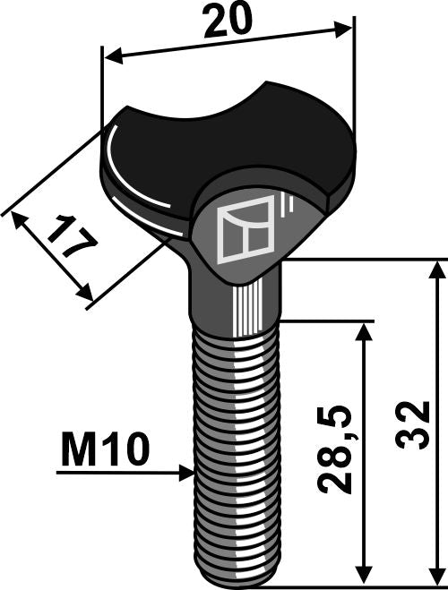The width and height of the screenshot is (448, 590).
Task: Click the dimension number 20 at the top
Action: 227,22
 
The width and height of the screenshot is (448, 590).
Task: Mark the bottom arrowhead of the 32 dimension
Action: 436,579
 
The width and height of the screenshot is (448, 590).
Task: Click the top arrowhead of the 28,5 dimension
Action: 363,329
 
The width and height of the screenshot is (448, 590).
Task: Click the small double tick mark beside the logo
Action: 286,208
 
